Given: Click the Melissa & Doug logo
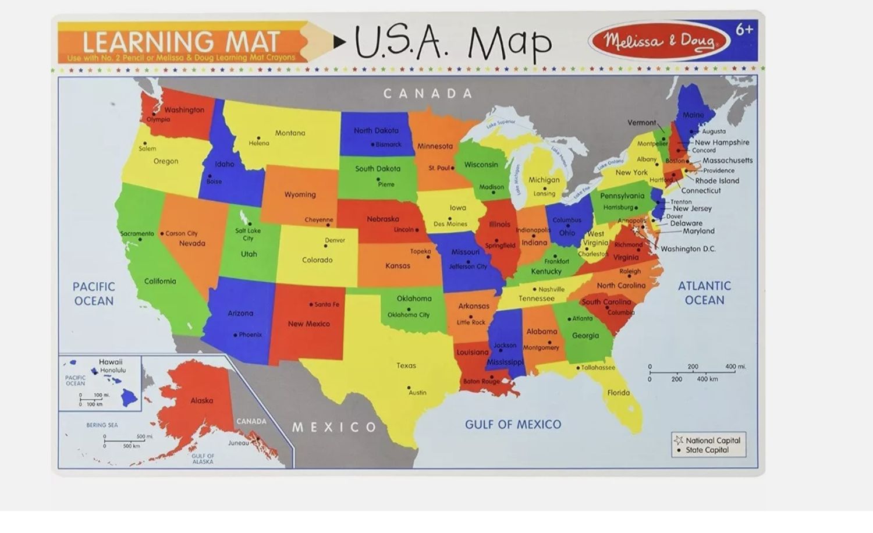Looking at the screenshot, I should tap(659, 41).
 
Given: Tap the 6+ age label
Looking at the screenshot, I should tap(744, 30).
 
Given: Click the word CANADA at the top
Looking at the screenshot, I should tap(428, 93).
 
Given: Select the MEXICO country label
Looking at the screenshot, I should tap(334, 427).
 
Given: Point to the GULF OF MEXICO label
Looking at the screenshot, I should tap(513, 425).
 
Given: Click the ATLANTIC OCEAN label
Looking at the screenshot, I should tap(704, 293).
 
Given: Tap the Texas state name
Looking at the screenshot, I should tap(406, 365).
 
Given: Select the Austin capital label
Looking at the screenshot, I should tap(417, 392).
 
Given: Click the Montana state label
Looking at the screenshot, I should tap(290, 133).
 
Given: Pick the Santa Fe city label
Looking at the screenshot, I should tap(327, 304).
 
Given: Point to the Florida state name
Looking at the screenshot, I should tap(618, 393).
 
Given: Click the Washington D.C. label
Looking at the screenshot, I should tap(687, 249).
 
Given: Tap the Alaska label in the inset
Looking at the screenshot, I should tap(201, 400).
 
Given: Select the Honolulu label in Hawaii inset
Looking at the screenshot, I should tap(112, 370).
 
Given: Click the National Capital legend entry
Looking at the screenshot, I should tap(712, 440).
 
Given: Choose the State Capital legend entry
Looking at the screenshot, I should tap(707, 450).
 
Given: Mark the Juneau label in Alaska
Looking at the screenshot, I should tap(238, 443).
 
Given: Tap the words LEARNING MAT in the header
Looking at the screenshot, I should tap(181, 42).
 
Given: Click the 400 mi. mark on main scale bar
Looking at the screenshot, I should tap(735, 367).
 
